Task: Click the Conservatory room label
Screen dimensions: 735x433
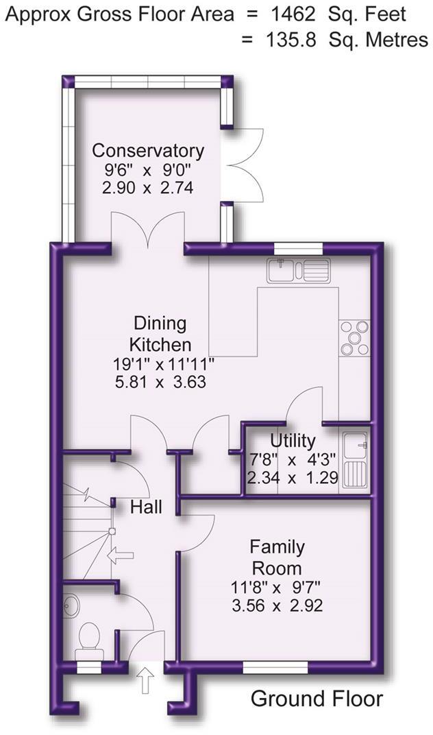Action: tap(148, 150)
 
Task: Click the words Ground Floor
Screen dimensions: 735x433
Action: tap(317, 699)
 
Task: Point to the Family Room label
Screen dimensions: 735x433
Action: tap(277, 557)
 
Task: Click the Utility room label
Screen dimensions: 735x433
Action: tap(293, 440)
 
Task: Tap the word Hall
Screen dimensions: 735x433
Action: tap(147, 507)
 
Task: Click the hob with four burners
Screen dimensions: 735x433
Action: tap(354, 339)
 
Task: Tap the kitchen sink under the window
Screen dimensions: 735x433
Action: tap(298, 270)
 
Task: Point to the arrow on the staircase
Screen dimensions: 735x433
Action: tap(121, 554)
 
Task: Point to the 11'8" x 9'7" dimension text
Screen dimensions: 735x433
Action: tap(277, 587)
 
